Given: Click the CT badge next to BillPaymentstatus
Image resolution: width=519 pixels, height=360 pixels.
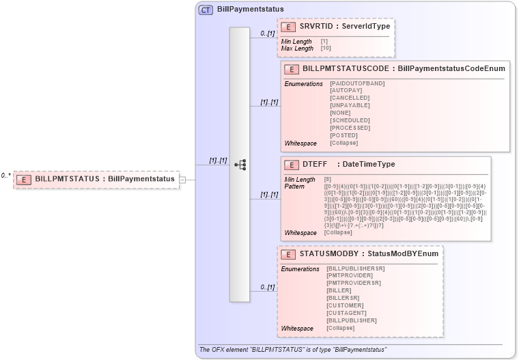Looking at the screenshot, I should click(206, 10).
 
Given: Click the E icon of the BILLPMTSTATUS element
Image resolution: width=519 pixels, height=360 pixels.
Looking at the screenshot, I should click(25, 179).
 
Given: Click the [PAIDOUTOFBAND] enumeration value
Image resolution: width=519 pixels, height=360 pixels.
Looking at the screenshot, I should click(357, 83).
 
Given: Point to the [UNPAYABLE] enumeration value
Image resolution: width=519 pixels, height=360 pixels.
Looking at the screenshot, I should click(350, 106).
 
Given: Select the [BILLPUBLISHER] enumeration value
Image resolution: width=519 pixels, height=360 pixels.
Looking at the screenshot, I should click(352, 320).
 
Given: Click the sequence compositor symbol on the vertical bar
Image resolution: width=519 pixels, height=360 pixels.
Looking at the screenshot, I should click(240, 165).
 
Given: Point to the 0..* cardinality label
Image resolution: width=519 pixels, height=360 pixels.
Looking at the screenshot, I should click(5, 176).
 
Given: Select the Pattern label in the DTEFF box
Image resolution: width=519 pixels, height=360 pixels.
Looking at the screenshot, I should click(294, 186).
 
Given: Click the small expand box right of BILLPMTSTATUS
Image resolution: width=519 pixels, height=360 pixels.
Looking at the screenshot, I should click(182, 180).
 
